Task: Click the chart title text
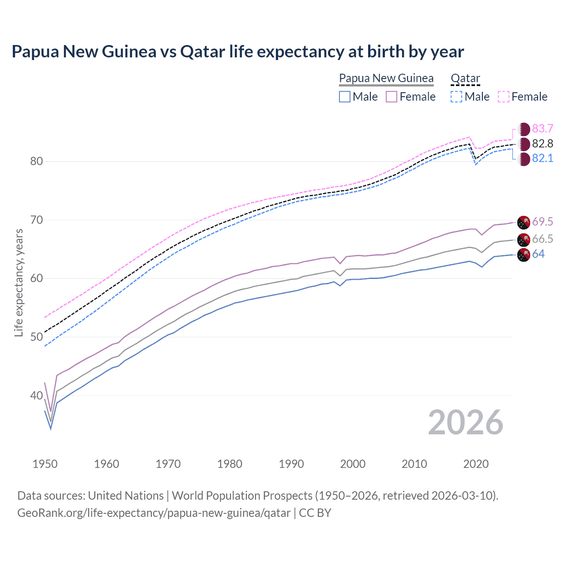pos(237,52)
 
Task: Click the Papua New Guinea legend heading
pos(386,78)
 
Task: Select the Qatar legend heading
pos(465,78)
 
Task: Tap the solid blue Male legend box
pos(345,97)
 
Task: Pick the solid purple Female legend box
pos(392,97)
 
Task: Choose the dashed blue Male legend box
pos(456,97)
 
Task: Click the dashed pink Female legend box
pos(504,97)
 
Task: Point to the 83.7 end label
pos(542,128)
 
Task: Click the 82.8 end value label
pos(542,143)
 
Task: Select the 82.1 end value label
pos(542,158)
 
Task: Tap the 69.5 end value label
pos(542,222)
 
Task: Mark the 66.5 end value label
pos(542,239)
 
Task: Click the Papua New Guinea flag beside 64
pos(524,255)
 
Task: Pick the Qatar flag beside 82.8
pos(524,144)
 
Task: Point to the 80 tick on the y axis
pos(37,161)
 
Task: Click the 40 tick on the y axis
pos(37,395)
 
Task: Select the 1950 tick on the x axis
pos(45,464)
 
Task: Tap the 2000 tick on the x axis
pos(353,464)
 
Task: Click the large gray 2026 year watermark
pos(465,423)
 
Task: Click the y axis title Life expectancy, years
pos(19,283)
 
